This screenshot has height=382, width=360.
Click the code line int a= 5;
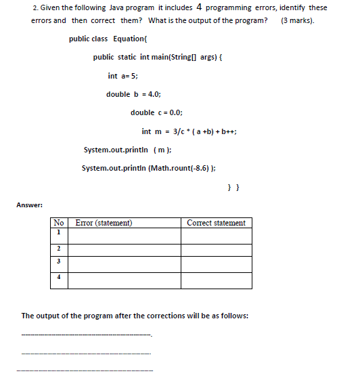click(x=122, y=77)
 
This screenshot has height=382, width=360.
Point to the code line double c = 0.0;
click(x=156, y=113)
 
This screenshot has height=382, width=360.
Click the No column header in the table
click(x=59, y=223)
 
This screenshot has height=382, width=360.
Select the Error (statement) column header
click(x=104, y=223)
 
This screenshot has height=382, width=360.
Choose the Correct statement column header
click(x=217, y=223)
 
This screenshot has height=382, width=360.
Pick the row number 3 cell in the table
click(x=59, y=264)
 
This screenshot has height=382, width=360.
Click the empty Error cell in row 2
click(x=126, y=249)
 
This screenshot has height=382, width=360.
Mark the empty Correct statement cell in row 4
click(x=217, y=280)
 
